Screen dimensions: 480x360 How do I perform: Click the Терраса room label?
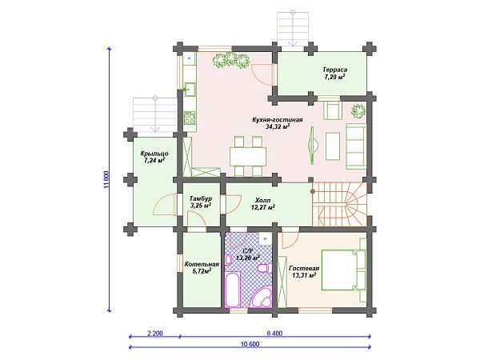coord(334,70)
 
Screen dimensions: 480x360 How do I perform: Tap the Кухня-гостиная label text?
coord(278,120)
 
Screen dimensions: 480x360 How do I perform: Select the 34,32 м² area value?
coord(278,126)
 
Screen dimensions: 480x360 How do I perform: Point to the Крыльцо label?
coord(154,154)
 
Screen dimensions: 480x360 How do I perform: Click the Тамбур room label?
coord(201,198)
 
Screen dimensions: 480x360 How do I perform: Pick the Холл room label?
coord(262,201)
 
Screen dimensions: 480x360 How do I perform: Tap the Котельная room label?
coord(202,264)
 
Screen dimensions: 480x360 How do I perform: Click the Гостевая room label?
coord(304,269)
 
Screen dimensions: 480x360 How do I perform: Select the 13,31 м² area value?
coord(304,275)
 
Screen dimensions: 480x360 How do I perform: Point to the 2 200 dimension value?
coord(155,334)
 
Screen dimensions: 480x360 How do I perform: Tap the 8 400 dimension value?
coord(274,334)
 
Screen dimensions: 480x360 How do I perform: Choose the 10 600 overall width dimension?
coord(250,344)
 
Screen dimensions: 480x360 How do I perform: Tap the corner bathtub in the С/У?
coord(262,296)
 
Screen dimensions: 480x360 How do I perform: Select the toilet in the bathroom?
coord(264,269)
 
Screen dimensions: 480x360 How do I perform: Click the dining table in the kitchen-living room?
coord(248,157)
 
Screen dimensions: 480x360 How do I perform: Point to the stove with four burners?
coord(190,118)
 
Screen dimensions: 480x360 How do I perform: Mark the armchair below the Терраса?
coord(333,110)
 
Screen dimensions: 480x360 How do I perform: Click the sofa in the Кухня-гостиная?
coord(356,146)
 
